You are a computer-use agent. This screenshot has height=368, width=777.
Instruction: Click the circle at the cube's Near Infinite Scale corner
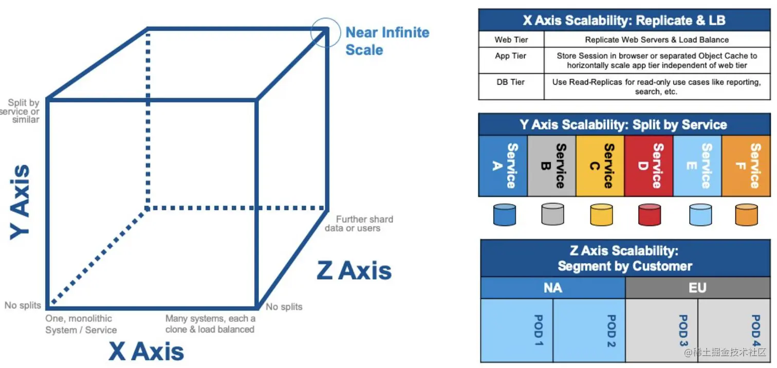326,32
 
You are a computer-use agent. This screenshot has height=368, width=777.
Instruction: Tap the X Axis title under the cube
146,352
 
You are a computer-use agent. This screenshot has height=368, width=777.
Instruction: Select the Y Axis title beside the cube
21,201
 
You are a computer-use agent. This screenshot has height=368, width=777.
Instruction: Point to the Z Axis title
354,270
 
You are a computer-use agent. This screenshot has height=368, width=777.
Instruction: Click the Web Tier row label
511,40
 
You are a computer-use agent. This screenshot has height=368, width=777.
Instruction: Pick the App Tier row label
511,56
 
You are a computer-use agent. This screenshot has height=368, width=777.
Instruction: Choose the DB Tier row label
511,82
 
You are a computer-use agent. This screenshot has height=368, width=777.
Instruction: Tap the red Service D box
649,165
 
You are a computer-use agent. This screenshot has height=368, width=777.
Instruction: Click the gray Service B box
551,165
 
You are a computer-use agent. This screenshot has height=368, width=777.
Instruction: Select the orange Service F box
746,165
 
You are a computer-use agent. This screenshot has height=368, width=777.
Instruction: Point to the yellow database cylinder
601,214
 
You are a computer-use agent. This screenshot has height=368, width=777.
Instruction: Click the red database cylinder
650,214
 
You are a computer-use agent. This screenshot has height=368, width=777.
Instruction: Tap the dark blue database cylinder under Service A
504,214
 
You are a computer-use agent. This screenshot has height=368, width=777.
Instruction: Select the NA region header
552,288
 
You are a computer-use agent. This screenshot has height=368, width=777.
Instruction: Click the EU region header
697,288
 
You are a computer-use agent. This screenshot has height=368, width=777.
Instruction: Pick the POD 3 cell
662,330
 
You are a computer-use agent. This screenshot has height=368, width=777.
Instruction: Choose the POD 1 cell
517,330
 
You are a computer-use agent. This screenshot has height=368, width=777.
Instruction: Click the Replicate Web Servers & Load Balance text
657,40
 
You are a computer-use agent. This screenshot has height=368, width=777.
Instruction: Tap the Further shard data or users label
359,224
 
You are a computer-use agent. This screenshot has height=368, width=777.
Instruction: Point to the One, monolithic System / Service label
81,324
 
